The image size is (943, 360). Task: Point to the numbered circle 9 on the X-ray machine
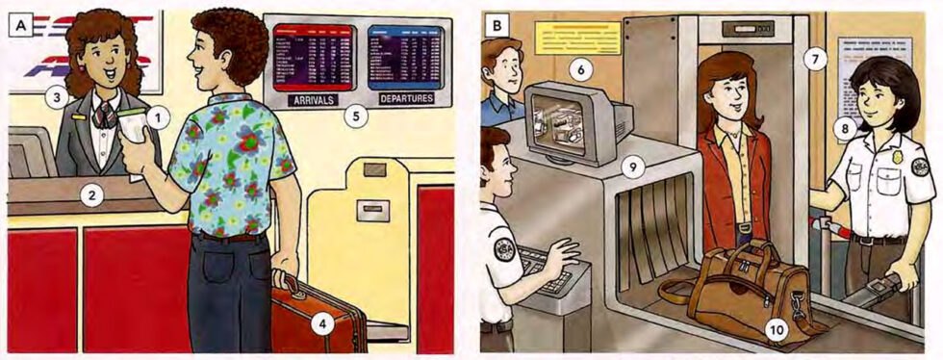(631, 166)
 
